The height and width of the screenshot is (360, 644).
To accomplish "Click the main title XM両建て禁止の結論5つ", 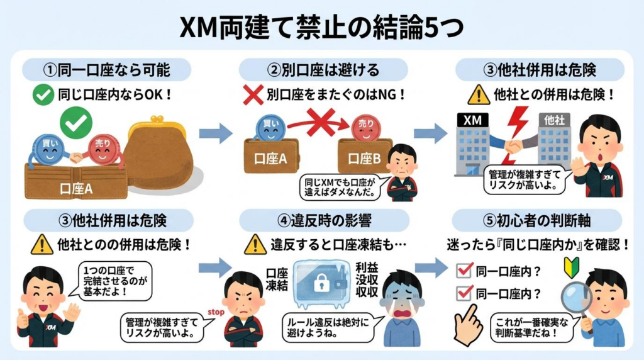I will click(321, 26).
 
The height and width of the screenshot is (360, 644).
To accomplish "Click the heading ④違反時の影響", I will click(321, 221).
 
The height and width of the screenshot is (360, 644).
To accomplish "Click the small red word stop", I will click(215, 311).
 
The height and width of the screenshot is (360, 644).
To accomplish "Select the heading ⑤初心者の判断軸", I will click(536, 221).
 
